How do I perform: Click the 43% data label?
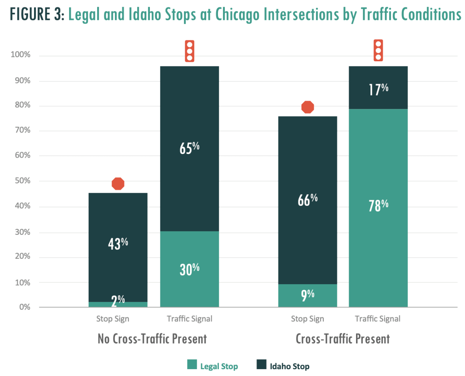coord(118,243)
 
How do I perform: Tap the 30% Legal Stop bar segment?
coord(189,268)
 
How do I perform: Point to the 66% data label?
coord(307,199)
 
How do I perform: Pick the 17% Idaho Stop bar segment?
coord(378,88)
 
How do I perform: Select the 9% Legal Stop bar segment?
coord(307,295)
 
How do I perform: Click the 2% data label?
coord(118,299)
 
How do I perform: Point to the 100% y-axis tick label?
coord(20,55)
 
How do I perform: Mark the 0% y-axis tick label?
coord(23,307)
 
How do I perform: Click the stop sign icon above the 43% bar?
coord(118,183)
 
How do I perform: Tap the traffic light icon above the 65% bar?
coord(189,51)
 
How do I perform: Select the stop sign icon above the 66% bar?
coord(308,107)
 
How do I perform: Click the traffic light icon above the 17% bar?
coord(378,50)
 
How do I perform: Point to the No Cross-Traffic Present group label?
coord(152,339)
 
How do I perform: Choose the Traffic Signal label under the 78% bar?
coord(378,319)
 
